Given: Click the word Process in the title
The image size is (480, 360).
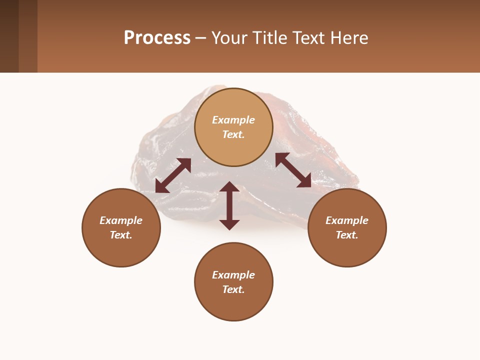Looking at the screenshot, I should [x=157, y=38].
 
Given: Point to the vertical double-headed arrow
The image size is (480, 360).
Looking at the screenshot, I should [x=229, y=205].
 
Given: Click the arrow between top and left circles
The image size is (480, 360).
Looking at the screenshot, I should [x=173, y=175].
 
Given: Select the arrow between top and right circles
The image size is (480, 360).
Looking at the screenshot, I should [x=293, y=170].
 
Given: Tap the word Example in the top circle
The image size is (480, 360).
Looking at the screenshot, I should [x=233, y=120].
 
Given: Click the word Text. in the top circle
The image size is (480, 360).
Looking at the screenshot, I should [x=233, y=134].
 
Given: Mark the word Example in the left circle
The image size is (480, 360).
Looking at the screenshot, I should [x=121, y=220].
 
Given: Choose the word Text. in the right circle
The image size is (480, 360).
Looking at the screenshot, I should [x=347, y=235].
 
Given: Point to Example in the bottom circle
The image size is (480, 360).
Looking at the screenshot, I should [x=233, y=275].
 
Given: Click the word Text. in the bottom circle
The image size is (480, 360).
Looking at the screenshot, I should [x=233, y=289].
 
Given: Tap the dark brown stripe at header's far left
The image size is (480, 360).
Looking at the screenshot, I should [x=9, y=36].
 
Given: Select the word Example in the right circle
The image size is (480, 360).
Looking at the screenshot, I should [x=347, y=220].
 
